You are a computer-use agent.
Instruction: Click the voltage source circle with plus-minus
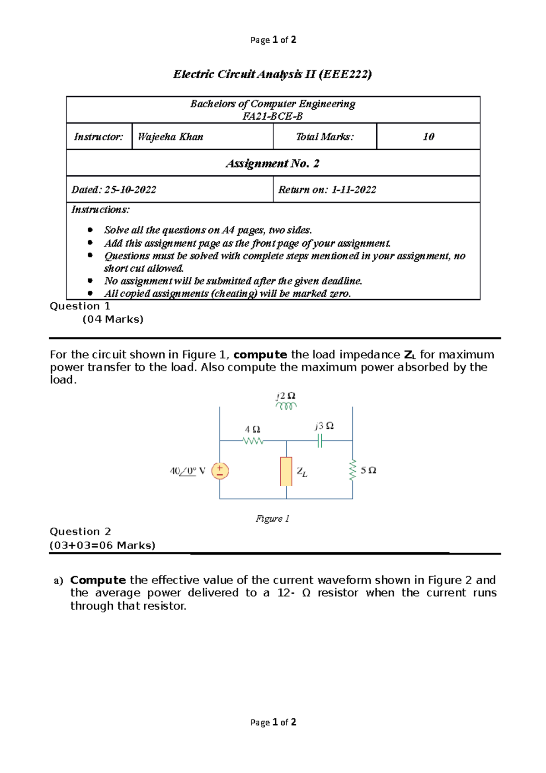pos(220,471)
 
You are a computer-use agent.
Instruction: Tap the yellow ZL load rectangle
pos(286,471)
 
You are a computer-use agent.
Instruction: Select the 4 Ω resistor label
pos(253,429)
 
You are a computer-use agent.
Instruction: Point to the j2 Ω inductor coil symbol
pos(286,406)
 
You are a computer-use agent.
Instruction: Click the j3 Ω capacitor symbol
pos(320,440)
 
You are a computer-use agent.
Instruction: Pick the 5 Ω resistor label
pos(369,470)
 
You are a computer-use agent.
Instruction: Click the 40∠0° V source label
pos(187,471)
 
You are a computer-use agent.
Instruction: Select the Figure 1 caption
pos(273,519)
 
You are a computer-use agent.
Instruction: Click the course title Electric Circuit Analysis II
pos(272,74)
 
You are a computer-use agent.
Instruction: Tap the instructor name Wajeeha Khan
pos(171,137)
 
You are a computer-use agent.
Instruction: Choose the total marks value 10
pos(428,137)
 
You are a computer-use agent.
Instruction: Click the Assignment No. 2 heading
pos(273,163)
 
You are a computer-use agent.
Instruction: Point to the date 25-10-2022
pos(131,190)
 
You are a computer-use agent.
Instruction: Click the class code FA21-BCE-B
pos(273,116)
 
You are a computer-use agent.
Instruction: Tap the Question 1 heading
pos(80,306)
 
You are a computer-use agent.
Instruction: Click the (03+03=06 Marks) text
pos(102,545)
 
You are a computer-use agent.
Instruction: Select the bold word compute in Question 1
pos(260,355)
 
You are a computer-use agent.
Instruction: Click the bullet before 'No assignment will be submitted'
pos(90,281)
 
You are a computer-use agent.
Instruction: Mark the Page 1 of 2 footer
pos(273,722)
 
